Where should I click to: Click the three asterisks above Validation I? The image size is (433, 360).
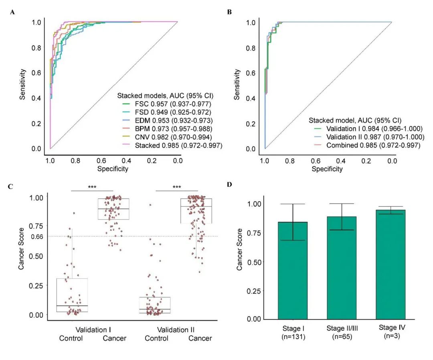[92, 187]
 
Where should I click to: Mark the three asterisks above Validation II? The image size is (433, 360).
[176, 187]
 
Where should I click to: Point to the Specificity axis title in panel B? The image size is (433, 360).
[327, 169]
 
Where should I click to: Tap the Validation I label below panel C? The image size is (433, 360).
[93, 330]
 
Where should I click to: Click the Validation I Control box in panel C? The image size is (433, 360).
[72, 295]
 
